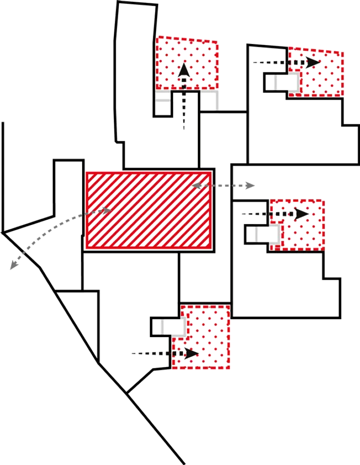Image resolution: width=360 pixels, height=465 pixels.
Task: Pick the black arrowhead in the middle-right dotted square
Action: pos(302,214)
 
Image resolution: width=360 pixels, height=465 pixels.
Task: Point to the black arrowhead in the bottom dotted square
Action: pos(192,353)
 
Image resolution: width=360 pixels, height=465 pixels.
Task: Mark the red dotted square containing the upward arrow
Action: pos(187,63)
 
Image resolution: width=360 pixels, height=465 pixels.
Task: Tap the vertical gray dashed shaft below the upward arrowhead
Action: pos(184,110)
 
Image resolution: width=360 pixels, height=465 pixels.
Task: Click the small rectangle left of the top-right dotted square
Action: pos(277,83)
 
